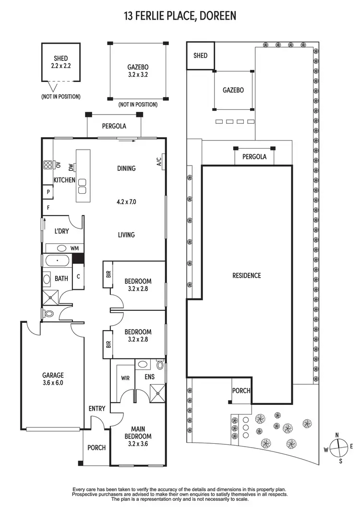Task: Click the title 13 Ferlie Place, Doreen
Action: point(180,16)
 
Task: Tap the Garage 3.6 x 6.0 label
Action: point(52,379)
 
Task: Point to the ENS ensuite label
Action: point(150,377)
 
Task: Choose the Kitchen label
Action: point(64,180)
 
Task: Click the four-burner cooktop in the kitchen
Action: point(48,166)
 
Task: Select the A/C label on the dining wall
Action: point(159,162)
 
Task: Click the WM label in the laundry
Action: point(74,248)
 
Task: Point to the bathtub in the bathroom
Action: point(58,261)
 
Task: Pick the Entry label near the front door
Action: point(97,409)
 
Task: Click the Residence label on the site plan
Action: point(247,275)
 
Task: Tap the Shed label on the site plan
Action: point(200,56)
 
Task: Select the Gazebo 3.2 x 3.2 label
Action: point(138,71)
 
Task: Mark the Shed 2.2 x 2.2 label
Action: point(60,63)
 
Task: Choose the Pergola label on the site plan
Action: point(254,157)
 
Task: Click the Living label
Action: point(126,235)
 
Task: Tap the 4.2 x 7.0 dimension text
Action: point(126,202)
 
